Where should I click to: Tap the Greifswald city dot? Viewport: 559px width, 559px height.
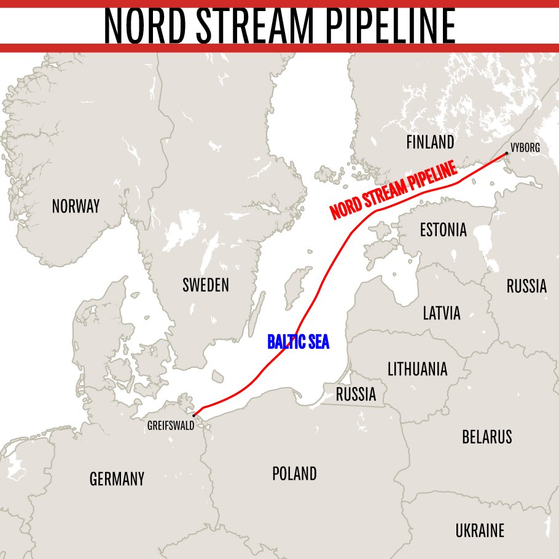pos(193,415)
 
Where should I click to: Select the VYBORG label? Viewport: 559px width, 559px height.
pos(525,147)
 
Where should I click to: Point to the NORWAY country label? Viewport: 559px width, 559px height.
pos(76,206)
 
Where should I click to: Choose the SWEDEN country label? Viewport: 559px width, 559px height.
pos(206,285)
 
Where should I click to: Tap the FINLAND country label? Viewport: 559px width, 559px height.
pos(430,143)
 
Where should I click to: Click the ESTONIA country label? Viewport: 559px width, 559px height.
pos(443,230)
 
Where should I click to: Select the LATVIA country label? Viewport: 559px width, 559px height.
pos(441,313)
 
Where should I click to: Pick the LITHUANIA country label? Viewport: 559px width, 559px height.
pos(417,369)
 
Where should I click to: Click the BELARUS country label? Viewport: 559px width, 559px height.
pos(487,437)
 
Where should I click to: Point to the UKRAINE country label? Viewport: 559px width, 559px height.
pos(480,530)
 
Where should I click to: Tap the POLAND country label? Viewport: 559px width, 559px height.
pos(294,474)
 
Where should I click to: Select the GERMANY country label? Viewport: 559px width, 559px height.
pos(117,479)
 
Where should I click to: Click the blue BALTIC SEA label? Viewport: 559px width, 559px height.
pos(298,342)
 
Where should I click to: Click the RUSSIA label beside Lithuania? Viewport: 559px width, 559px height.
pos(356,394)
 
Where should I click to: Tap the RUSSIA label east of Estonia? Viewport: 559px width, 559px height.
pos(526,286)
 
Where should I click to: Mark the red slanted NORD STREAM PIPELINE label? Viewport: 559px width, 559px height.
pos(395,190)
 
